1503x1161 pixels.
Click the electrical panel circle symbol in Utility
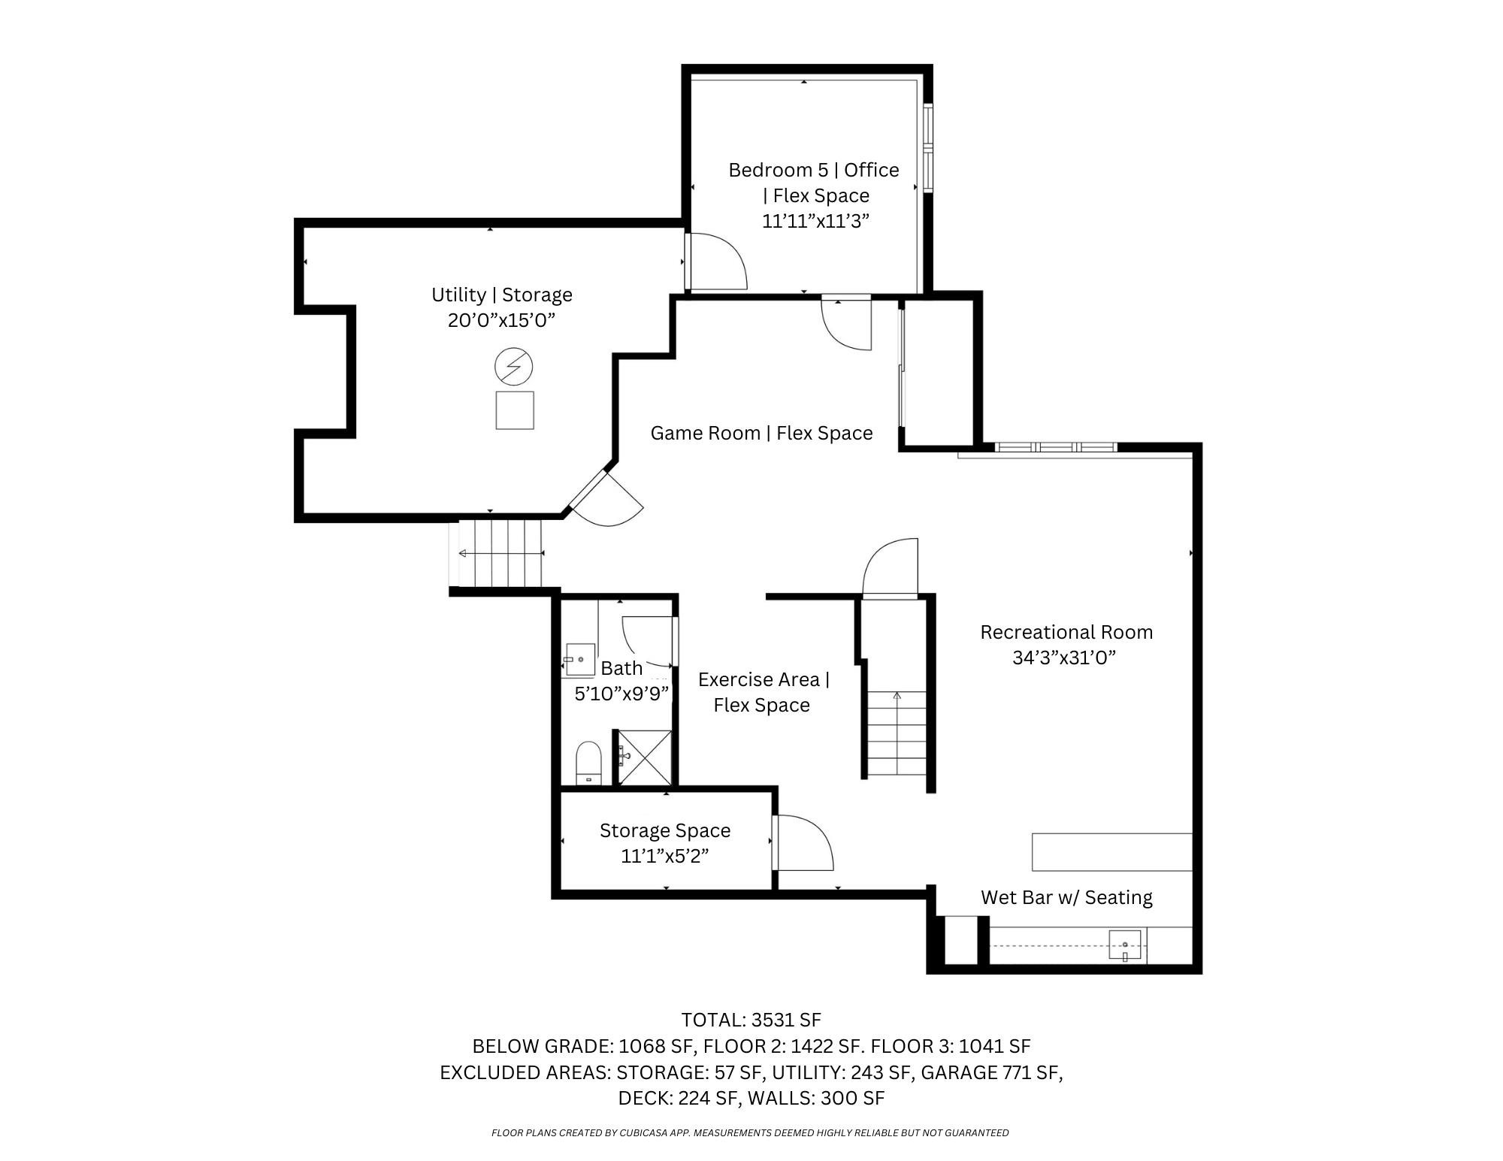point(513,367)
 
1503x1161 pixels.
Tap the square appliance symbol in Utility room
point(515,410)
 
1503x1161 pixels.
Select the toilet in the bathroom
point(588,763)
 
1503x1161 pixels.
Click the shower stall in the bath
point(644,757)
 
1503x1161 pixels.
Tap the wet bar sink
point(1125,945)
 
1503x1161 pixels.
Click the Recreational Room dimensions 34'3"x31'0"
point(1064,658)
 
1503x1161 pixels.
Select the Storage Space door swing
point(803,842)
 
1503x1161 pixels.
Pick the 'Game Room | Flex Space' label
point(761,433)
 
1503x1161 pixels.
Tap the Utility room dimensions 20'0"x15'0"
point(501,320)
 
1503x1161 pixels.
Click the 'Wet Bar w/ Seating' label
point(1066,897)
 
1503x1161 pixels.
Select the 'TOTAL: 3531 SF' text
point(751,1020)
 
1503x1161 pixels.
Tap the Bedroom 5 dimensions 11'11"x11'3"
point(816,221)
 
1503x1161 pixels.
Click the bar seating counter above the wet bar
point(1112,851)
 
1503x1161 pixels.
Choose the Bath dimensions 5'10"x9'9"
point(621,694)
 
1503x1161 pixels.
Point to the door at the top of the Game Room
point(847,322)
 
